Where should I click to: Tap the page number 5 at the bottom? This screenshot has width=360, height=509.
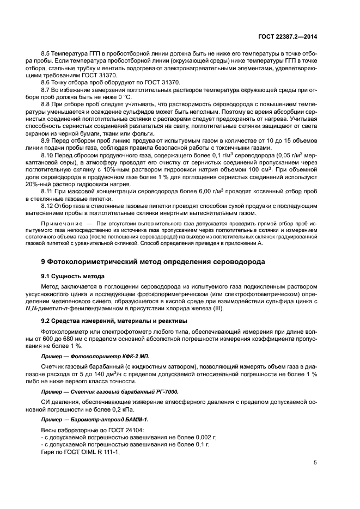pyautogui.click(x=315, y=462)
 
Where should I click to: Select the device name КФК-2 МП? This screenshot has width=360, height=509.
pyautogui.click(x=120, y=355)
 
